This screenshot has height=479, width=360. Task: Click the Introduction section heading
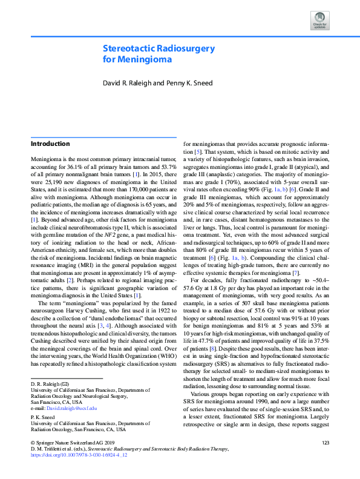[50, 144]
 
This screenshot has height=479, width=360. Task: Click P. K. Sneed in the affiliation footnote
[42, 417]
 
